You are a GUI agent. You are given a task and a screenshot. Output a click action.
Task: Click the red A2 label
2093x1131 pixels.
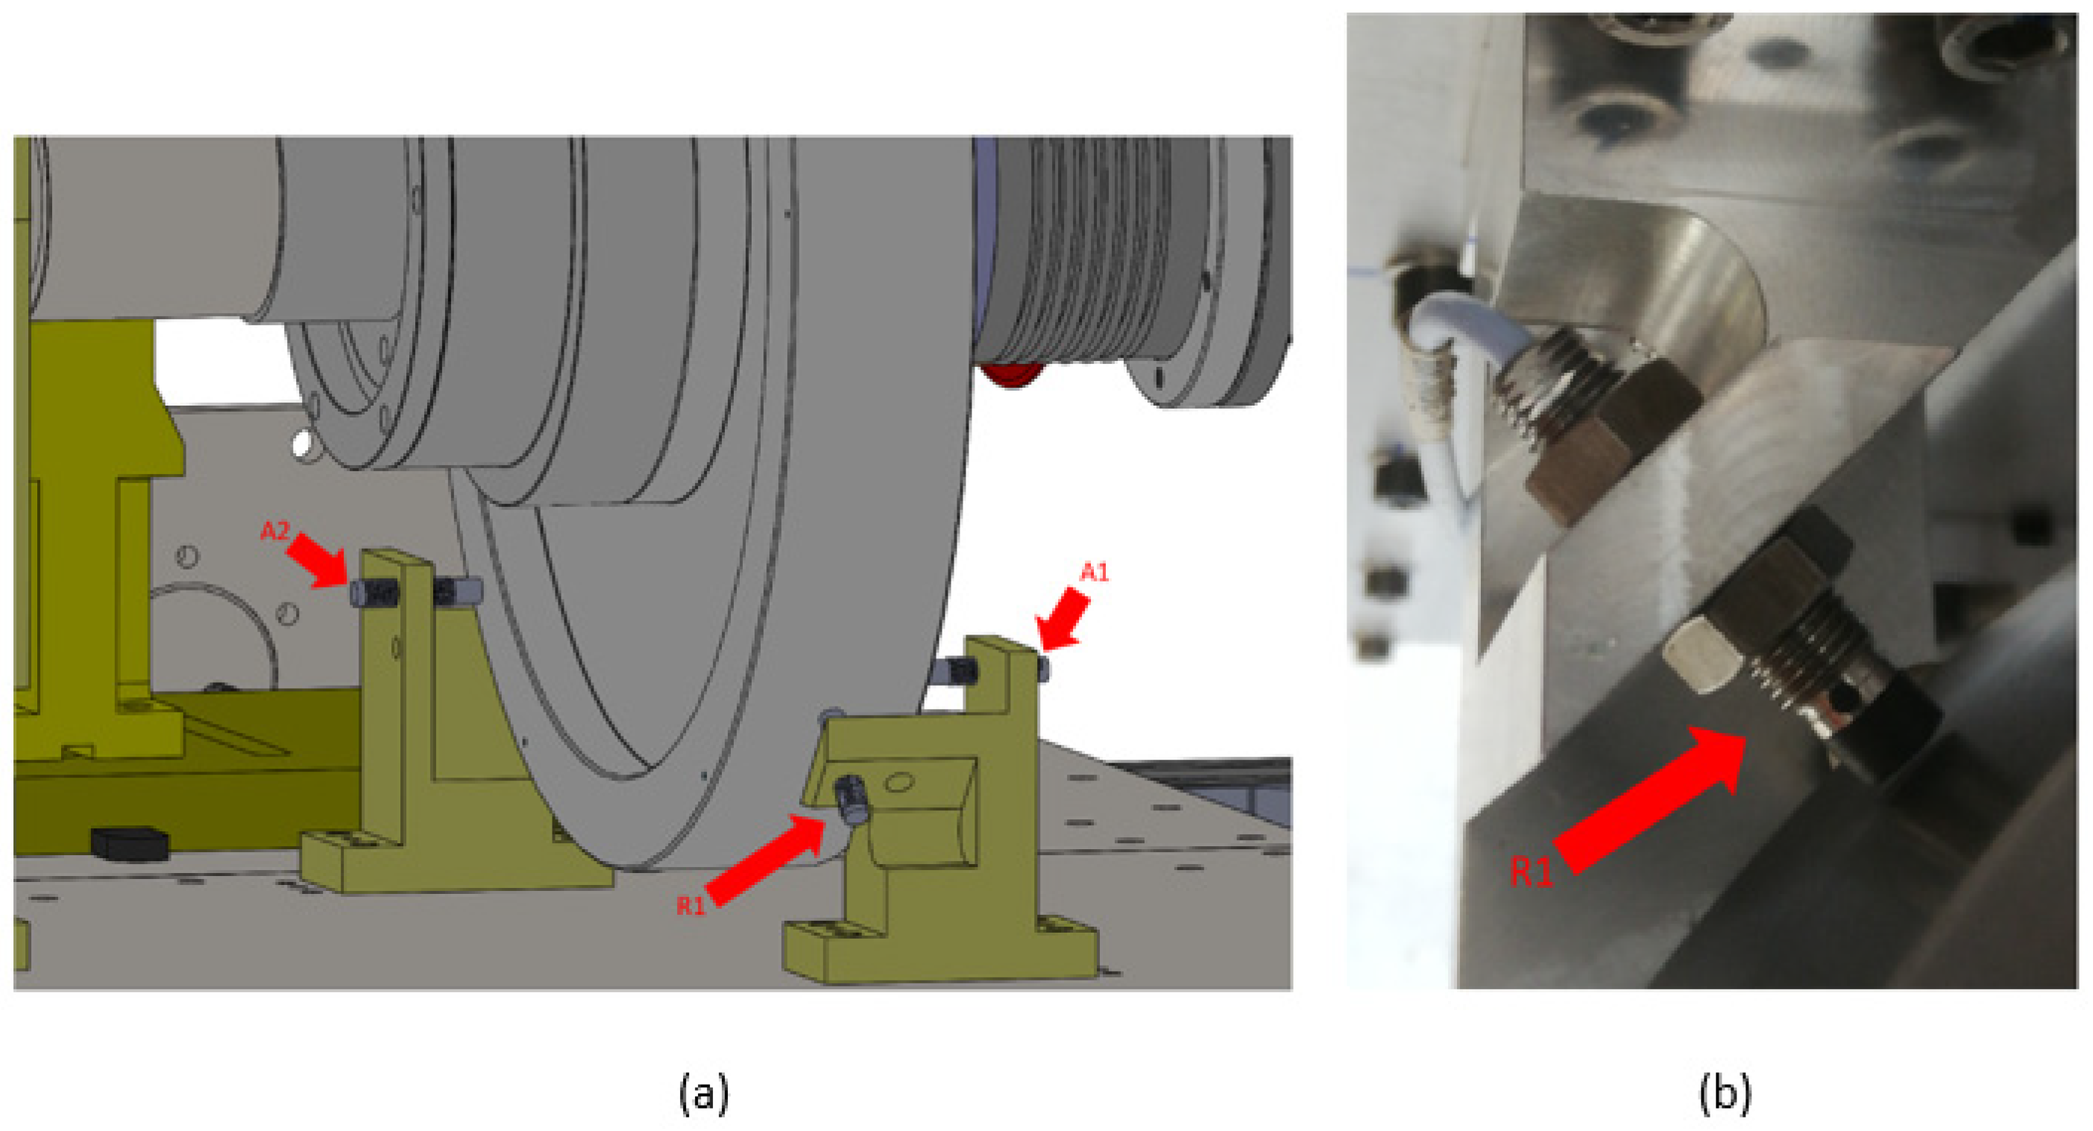point(274,531)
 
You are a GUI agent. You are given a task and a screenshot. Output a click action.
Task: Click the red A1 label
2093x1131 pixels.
point(1094,573)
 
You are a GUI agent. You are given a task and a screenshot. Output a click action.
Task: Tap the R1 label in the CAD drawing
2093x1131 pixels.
point(691,905)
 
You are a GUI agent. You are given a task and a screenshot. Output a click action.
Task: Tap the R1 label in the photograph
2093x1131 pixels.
point(1532,871)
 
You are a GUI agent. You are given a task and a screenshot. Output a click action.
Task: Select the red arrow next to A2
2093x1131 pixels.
point(318,560)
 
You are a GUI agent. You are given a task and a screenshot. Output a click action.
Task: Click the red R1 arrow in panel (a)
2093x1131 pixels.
point(768,859)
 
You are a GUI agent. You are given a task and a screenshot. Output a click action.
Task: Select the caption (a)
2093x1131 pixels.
point(704,1093)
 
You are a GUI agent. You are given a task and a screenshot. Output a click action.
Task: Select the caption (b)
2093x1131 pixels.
point(1725,1093)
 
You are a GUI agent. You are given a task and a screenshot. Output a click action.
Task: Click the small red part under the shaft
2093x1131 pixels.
point(1011,375)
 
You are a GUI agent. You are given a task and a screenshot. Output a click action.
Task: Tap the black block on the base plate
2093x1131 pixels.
point(129,843)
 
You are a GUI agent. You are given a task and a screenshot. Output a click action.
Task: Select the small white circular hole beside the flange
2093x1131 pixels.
point(301,444)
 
